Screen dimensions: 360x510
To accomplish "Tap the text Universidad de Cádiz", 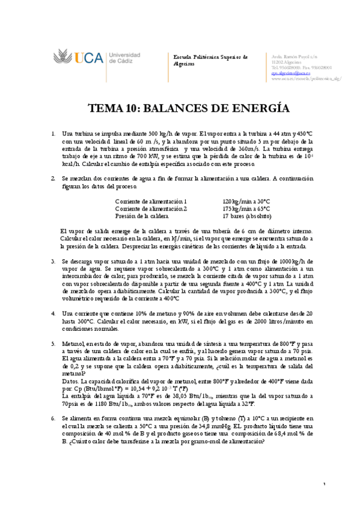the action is [x=124, y=58].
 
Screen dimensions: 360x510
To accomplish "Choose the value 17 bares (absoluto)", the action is [x=246, y=215].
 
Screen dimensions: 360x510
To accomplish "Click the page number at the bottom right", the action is [x=324, y=485].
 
